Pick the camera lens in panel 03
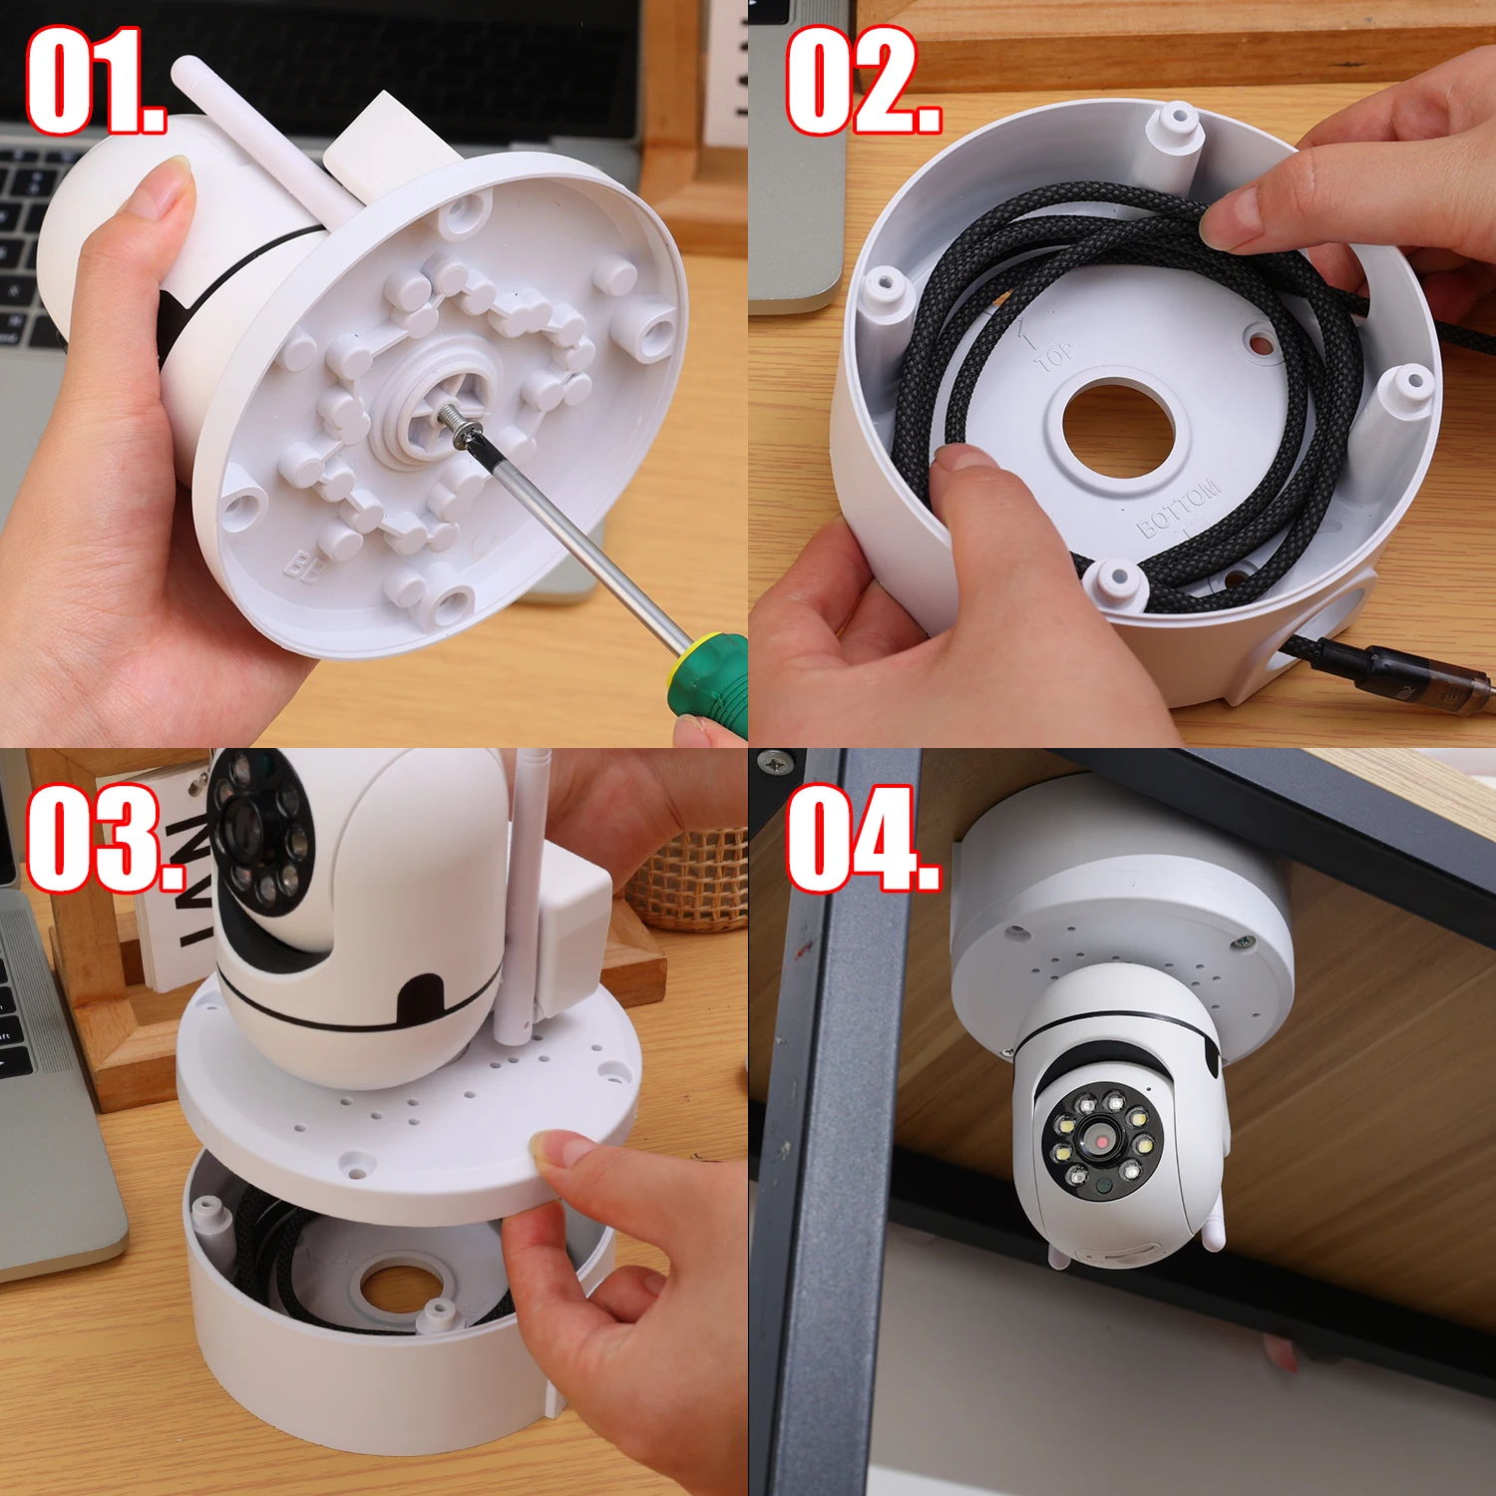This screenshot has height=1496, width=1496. [239, 823]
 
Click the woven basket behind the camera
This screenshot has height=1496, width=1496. [693, 878]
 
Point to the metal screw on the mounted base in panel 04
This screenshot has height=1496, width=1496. [1243, 942]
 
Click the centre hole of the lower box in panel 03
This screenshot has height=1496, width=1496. [399, 1287]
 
